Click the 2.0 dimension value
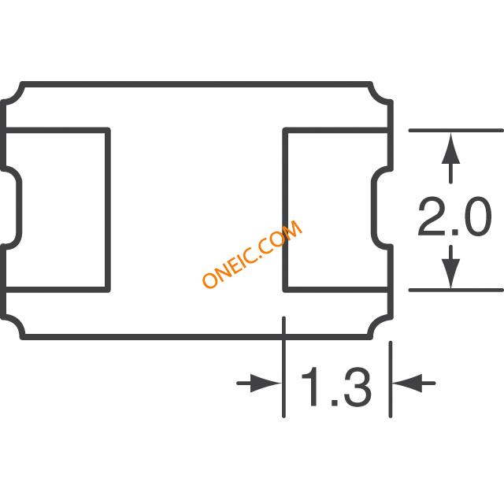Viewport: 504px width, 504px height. tap(455, 217)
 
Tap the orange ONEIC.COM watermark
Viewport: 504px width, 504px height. tap(252, 254)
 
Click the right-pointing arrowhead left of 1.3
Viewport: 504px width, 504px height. tap(265, 384)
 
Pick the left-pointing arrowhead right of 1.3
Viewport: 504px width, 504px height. tap(407, 384)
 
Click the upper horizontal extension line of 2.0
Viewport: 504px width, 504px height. tap(456, 130)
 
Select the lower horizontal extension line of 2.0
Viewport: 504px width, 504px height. tap(456, 291)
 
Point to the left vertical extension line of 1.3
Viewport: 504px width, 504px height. tap(283, 367)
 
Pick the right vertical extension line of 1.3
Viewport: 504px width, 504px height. tap(391, 380)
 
